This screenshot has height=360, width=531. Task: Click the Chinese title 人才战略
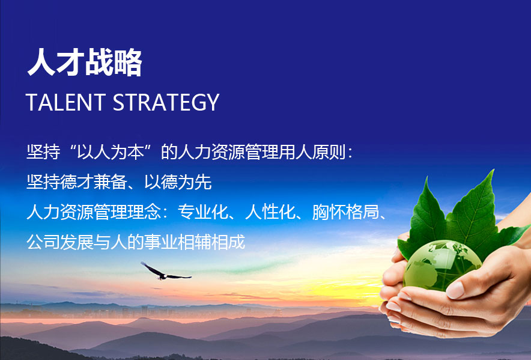85,62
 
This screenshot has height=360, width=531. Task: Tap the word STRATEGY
166,102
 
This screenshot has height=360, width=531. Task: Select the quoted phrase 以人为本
111,152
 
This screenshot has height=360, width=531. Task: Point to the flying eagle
165,272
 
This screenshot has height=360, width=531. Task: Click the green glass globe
442,266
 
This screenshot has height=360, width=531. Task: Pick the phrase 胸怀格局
345,212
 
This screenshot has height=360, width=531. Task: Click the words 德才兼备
94,182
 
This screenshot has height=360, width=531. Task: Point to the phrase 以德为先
178,182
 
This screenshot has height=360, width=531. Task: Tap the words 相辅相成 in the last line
211,242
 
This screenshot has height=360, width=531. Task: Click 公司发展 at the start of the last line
60,242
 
